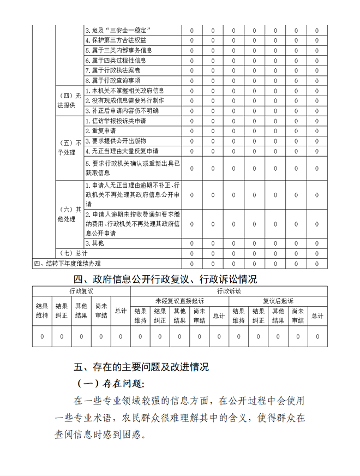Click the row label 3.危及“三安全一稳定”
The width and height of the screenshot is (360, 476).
coord(118,30)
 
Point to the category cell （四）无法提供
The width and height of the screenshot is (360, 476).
coord(69,100)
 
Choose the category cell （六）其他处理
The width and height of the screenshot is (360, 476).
coord(69,214)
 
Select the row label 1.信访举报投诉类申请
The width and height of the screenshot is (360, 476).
coord(116,121)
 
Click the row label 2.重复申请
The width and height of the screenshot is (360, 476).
coord(101,131)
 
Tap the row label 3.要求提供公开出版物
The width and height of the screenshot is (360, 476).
coord(116,141)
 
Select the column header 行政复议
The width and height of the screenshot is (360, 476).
coord(81,291)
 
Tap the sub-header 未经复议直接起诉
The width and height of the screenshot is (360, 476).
coord(179,301)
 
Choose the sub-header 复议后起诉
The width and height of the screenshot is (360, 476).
coord(278,301)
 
